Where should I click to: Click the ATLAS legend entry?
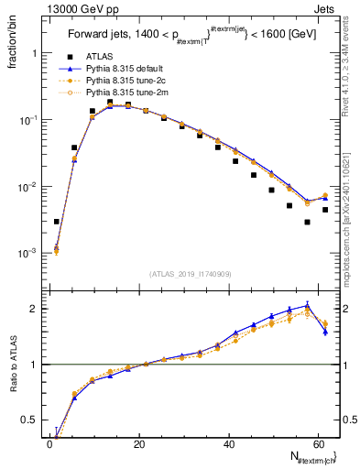pyautogui.click(x=99, y=58)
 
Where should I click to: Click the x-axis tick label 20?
pyautogui.click(x=139, y=445)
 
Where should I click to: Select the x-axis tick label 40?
pyautogui.click(x=229, y=445)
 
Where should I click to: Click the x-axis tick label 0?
pyautogui.click(x=50, y=445)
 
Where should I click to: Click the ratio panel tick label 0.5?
pyautogui.click(x=30, y=420)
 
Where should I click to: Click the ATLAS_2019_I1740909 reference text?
pyautogui.click(x=190, y=274)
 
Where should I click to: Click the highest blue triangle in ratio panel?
pyautogui.click(x=307, y=305)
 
